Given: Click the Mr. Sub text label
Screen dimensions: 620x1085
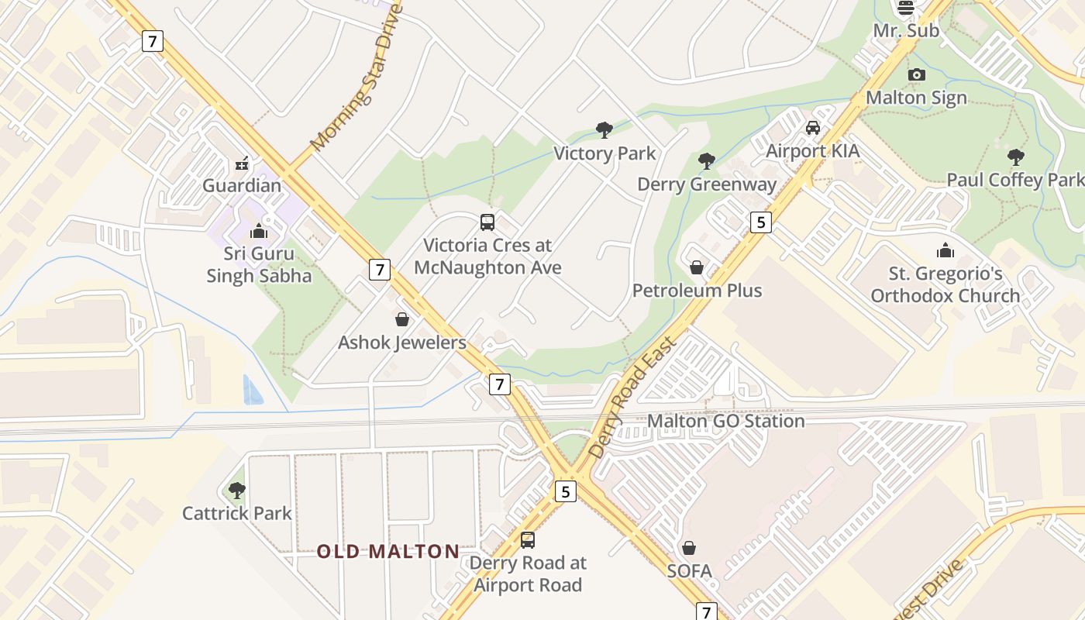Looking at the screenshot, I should point(905,31).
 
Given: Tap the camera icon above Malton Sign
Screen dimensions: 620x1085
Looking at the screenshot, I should point(917,74).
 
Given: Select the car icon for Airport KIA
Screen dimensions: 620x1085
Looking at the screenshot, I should point(812,128).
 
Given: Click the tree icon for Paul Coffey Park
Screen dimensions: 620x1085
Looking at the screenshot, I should point(1015,157).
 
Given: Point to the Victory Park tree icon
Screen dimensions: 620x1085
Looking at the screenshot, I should point(604,130).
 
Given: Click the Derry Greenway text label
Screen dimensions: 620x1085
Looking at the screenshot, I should point(706,184).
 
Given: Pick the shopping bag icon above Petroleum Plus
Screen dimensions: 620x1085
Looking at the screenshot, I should point(697,267).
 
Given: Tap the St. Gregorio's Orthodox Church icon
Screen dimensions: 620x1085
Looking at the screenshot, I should point(945,250).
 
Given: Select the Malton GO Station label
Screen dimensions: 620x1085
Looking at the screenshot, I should point(725,421).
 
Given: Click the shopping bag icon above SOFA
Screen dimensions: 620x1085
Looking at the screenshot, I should point(688,548).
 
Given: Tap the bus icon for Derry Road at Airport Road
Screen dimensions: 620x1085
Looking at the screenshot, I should point(528,539).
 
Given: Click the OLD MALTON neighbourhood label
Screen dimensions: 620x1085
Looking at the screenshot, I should point(387,552).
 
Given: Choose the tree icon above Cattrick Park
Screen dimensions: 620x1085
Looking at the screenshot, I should point(237,490).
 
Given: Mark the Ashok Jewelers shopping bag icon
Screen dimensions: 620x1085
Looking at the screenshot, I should point(402,319).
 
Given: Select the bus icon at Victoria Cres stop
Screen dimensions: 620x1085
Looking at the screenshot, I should point(487,222).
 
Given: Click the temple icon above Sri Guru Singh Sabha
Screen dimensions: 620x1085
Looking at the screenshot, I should point(258,231).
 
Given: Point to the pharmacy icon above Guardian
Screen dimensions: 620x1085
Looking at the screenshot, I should point(242,164).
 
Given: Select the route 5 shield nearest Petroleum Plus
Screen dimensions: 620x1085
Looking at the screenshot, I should point(761,222).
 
